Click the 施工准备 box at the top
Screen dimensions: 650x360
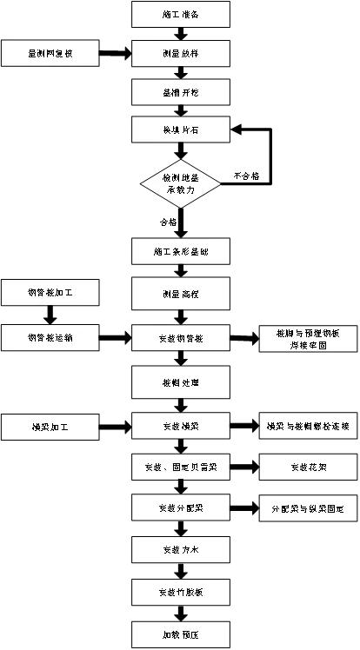click(x=181, y=14)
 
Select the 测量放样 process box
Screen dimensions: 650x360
click(x=181, y=53)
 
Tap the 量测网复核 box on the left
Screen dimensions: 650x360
click(x=50, y=53)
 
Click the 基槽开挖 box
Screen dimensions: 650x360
click(x=181, y=91)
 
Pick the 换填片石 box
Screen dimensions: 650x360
click(x=181, y=130)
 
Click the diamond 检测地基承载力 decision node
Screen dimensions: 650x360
click(x=181, y=182)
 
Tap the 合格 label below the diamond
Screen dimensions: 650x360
click(x=167, y=222)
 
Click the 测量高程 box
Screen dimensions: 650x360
click(x=181, y=292)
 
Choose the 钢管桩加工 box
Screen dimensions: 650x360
click(x=50, y=292)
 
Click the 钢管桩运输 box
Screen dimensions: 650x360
click(x=50, y=337)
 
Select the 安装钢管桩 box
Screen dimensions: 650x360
click(x=181, y=337)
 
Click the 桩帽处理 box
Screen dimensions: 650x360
click(x=181, y=381)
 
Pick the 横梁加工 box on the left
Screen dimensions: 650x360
click(x=50, y=426)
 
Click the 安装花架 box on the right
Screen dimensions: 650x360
click(x=308, y=468)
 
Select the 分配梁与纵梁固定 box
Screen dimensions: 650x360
click(x=308, y=508)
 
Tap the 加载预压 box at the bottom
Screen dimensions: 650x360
click(x=181, y=633)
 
